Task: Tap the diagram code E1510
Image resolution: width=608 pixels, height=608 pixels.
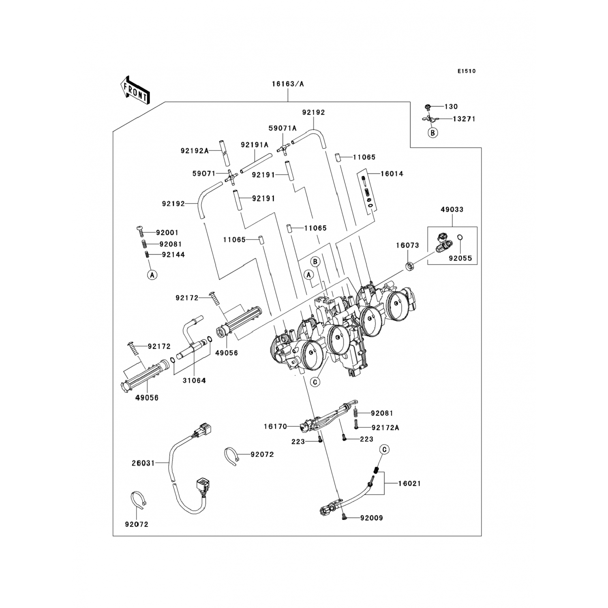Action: point(467,71)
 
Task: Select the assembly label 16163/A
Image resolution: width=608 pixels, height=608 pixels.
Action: point(288,84)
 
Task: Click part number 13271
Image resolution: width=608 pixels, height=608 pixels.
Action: point(464,119)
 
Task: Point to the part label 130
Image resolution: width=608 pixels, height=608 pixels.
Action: point(451,107)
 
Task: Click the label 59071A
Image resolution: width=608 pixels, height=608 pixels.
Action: point(283,128)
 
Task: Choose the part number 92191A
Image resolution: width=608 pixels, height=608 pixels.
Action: point(255,145)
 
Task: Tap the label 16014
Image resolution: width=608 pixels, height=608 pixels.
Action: point(392,173)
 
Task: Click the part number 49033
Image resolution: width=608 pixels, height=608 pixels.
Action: point(452,210)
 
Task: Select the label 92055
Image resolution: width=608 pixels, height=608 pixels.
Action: point(460,258)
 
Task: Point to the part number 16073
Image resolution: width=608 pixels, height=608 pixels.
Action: point(407,245)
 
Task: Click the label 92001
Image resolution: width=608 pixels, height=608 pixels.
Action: point(167,233)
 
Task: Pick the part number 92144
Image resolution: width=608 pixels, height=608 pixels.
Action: point(173,255)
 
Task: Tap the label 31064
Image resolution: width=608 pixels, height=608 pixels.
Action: point(194,380)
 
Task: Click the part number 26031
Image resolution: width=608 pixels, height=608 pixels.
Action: point(143,462)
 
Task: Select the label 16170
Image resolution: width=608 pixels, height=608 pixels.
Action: point(275,426)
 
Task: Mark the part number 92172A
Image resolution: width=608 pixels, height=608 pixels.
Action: point(385,427)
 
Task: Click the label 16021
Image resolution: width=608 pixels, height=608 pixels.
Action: point(409,483)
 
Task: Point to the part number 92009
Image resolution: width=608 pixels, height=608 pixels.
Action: point(371,518)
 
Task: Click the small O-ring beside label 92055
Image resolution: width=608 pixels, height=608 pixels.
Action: point(460,238)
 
